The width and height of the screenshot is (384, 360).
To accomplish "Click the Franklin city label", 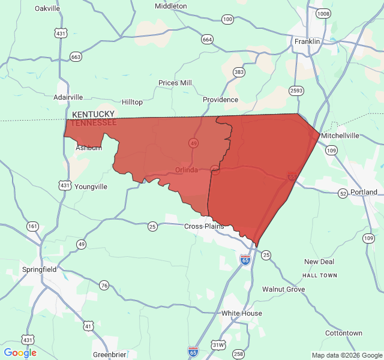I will tap(307, 41).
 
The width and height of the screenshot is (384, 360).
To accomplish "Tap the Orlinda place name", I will tap(187, 170).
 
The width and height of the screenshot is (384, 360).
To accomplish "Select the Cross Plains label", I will tap(204, 226).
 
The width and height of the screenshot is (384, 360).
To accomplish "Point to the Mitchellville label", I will tap(340, 136).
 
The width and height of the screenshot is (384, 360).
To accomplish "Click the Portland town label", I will tap(364, 192).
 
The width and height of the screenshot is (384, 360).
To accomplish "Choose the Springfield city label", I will tap(40, 269).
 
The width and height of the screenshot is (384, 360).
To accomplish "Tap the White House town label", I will tap(242, 313).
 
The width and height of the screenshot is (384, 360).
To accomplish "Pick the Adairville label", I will tap(68, 97).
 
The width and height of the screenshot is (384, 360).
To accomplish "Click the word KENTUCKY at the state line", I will tap(93, 114).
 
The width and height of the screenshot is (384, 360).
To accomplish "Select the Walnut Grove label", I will tap(283, 289).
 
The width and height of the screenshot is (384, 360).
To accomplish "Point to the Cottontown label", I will tap(344, 333).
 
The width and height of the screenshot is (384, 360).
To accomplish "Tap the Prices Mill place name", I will tap(175, 83).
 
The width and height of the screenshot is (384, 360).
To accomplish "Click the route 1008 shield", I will tap(323, 13).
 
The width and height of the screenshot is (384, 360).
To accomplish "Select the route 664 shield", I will tap(207, 39).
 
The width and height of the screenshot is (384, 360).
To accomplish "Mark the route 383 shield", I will tap(239, 72).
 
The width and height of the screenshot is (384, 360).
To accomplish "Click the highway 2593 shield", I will tap(296, 91).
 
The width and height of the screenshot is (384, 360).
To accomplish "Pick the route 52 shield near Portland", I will tap(343, 193).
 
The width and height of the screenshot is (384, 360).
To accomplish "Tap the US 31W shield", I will tap(218, 345).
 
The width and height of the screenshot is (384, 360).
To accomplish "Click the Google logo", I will tap(20, 353).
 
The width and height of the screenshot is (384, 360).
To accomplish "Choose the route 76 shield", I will tap(104, 285).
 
